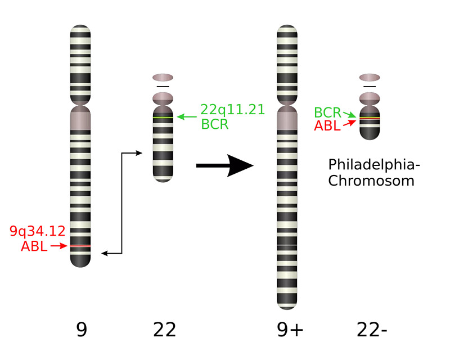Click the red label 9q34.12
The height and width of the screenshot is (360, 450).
click(37, 231)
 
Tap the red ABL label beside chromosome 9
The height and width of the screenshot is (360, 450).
click(33, 246)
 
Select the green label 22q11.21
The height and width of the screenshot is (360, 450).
click(232, 110)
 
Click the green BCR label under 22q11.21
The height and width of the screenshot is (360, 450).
click(215, 124)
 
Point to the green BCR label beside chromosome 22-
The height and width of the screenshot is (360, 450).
click(327, 112)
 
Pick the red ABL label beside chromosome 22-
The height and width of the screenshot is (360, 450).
click(327, 125)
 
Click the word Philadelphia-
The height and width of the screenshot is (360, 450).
click(374, 165)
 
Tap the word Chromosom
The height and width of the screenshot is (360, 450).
click(371, 181)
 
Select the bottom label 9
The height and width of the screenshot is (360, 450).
click(81, 329)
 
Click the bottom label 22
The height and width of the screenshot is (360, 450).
click(164, 329)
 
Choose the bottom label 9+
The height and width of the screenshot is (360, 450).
click(290, 329)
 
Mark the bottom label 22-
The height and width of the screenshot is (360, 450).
click(372, 329)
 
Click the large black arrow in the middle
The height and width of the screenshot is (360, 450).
click(225, 166)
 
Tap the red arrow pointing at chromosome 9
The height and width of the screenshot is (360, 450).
click(58, 246)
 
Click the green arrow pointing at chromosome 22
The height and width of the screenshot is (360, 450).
click(187, 117)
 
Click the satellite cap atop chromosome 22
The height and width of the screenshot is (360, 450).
click(163, 77)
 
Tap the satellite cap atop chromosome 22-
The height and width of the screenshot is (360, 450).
click(370, 77)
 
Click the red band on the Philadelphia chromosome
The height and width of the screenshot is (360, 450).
click(370, 119)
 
